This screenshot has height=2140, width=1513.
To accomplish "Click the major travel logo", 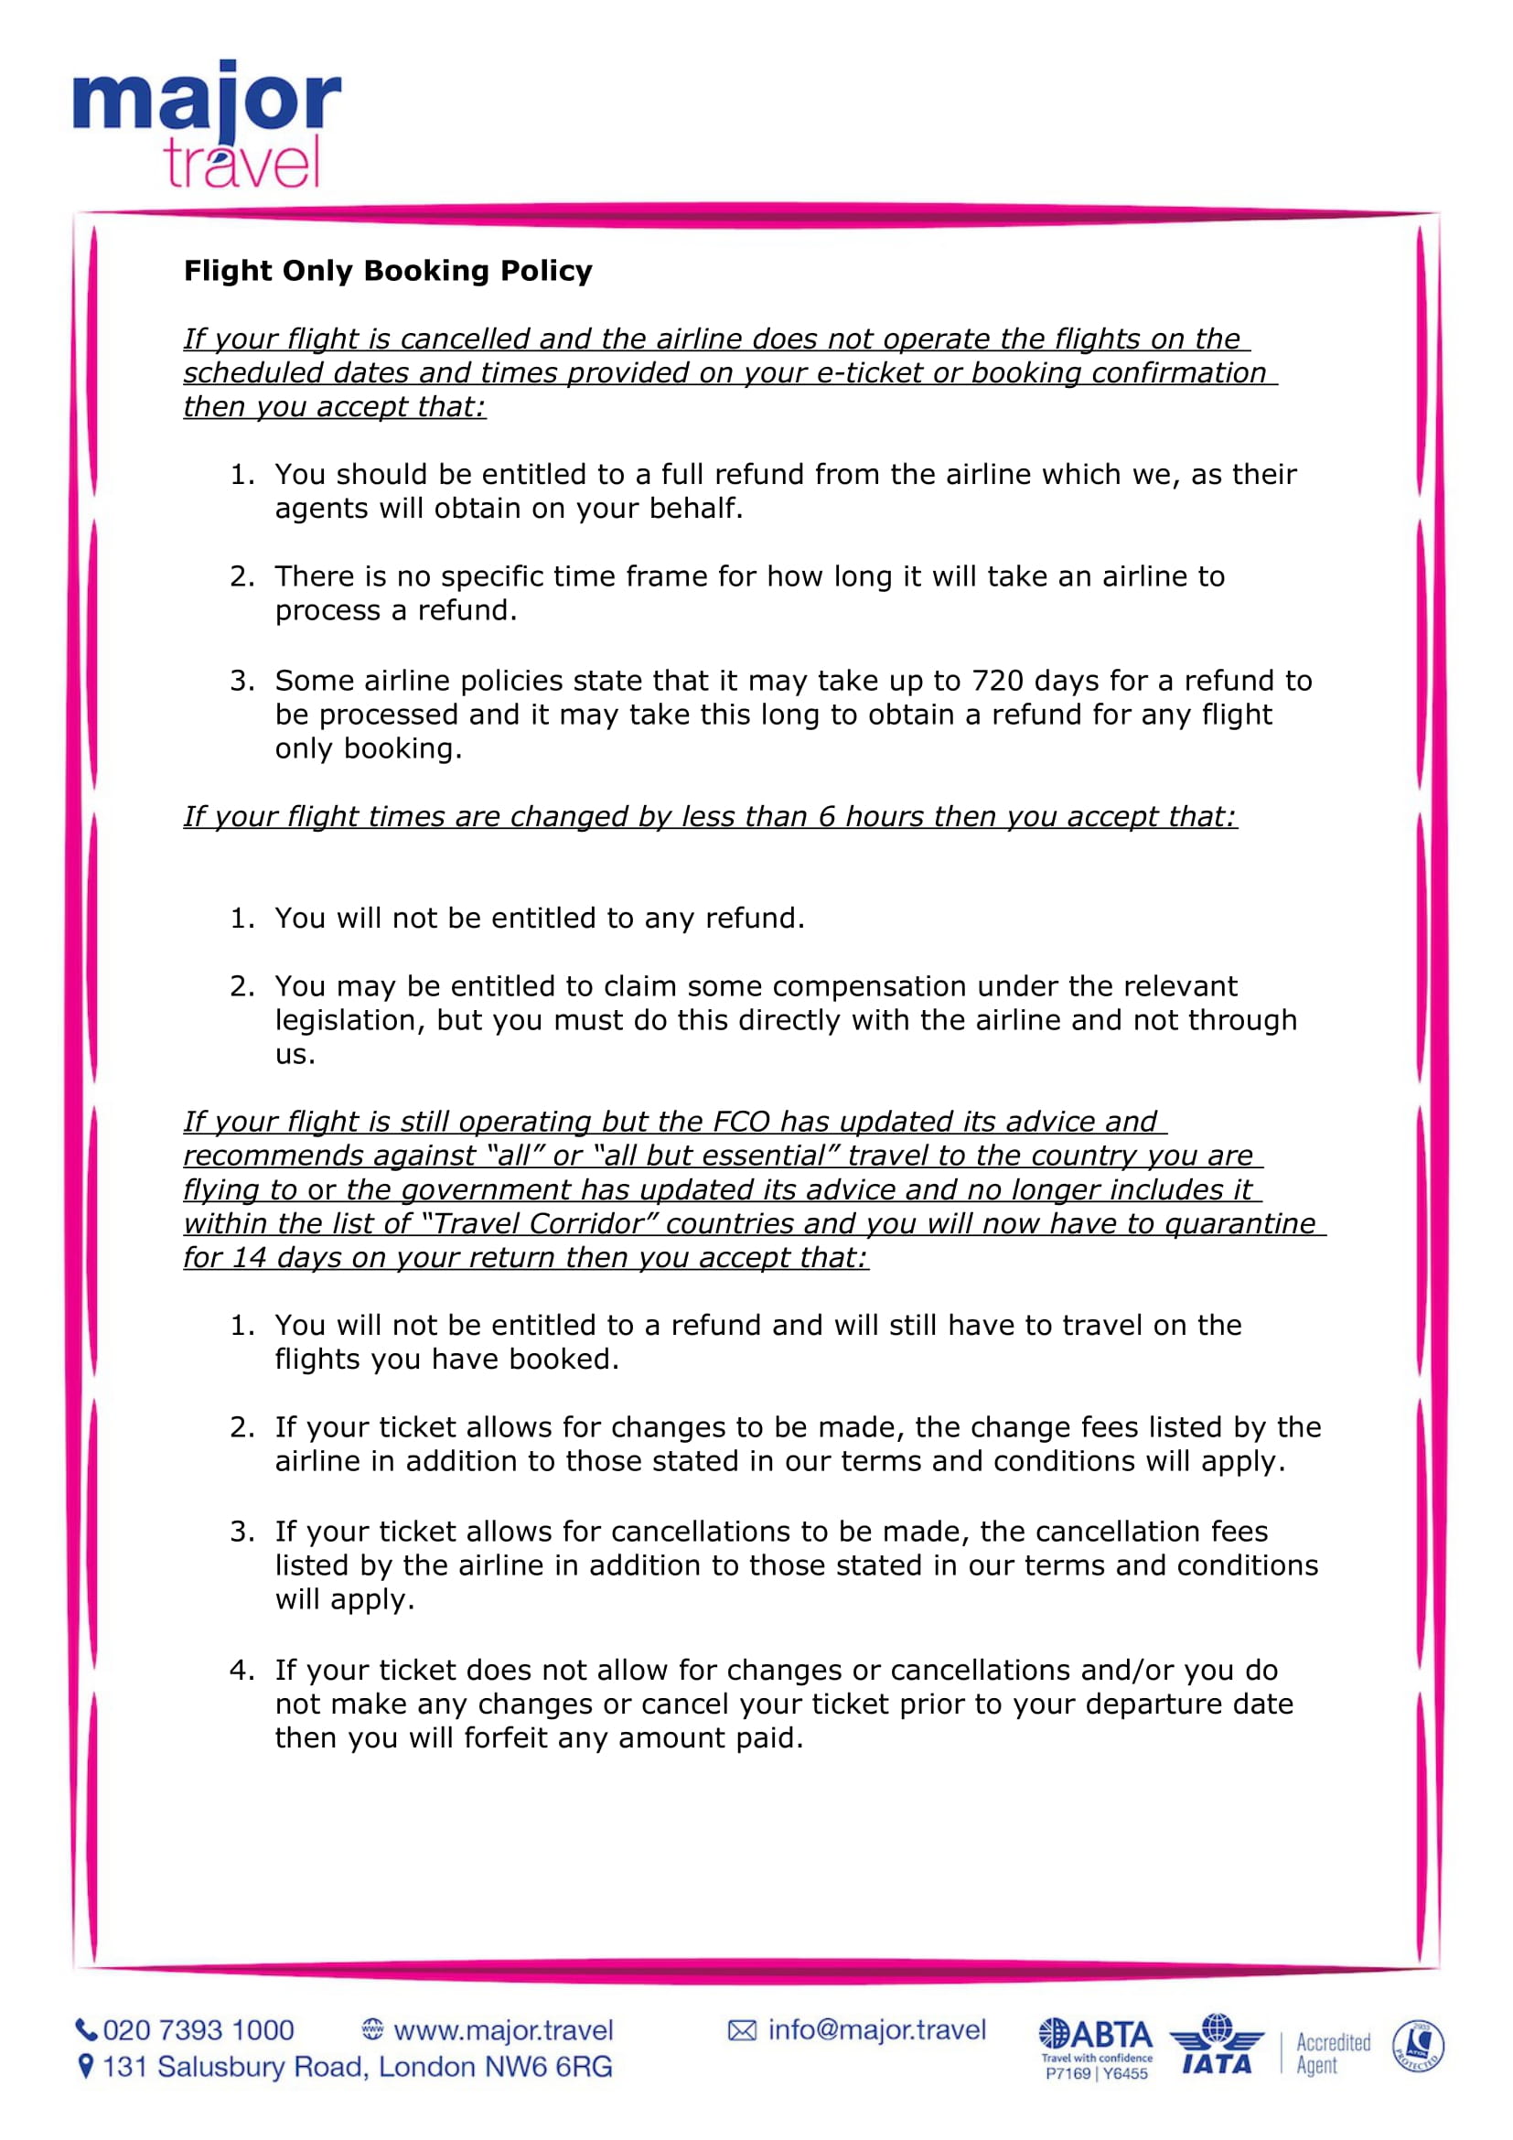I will (x=207, y=124).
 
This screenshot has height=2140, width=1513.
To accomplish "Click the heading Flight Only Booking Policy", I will (x=388, y=270).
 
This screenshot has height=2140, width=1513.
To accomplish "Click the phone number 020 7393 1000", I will (x=199, y=2030).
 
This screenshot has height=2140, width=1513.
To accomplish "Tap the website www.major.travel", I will (x=503, y=2030).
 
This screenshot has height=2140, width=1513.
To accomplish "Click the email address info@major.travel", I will (x=875, y=2029).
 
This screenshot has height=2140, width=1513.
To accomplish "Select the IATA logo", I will (x=1216, y=2045).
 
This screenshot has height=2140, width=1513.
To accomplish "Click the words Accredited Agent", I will (x=1332, y=2053).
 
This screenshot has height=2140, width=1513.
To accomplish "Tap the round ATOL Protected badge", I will (x=1417, y=2047).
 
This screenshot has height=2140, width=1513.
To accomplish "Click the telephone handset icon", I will (x=86, y=2030).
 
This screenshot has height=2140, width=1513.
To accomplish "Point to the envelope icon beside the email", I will (x=742, y=2030).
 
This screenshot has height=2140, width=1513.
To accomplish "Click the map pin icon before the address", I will (x=86, y=2067).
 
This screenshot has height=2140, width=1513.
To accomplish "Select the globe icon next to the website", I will (x=372, y=2030).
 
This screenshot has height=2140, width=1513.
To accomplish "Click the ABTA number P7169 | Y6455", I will (x=1096, y=2074).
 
